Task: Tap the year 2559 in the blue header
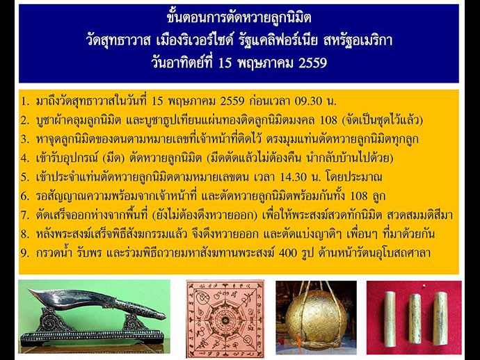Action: pyautogui.click(x=312, y=63)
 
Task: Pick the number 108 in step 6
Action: pyautogui.click(x=359, y=197)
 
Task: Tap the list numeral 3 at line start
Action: pyautogui.click(x=24, y=140)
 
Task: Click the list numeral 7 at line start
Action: pyautogui.click(x=24, y=215)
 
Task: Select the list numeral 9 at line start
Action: pyautogui.click(x=24, y=253)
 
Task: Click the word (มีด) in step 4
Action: pyautogui.click(x=113, y=158)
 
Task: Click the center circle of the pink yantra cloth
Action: pyautogui.click(x=225, y=320)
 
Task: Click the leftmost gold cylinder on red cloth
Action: pyautogui.click(x=390, y=319)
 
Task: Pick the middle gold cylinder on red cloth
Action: pyautogui.click(x=415, y=319)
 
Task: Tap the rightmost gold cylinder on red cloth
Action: pyautogui.click(x=440, y=319)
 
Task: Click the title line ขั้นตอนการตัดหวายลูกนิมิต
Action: pyautogui.click(x=239, y=18)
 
